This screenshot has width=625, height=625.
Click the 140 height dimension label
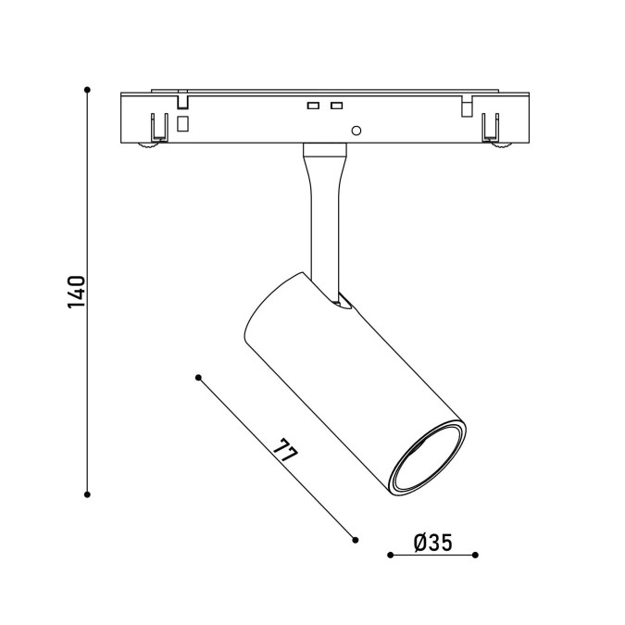(76, 292)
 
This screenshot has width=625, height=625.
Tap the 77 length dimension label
(286, 450)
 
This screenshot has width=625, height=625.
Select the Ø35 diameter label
(433, 543)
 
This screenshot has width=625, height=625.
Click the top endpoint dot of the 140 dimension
(87, 90)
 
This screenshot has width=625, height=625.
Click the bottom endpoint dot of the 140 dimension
(87, 494)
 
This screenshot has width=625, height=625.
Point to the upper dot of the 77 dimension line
(198, 378)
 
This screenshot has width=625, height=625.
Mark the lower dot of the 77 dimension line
(356, 540)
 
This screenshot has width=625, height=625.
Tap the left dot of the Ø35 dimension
(390, 555)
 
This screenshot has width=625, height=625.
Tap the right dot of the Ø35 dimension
(475, 555)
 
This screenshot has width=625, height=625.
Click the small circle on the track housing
(356, 131)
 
